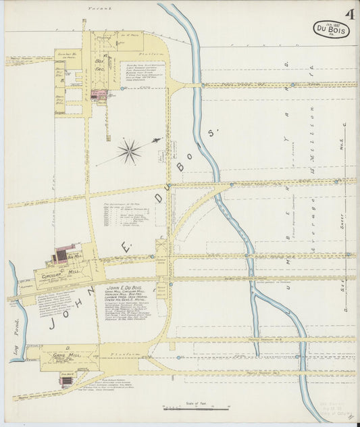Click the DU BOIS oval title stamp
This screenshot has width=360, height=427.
(332, 29)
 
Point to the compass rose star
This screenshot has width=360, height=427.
(128, 151)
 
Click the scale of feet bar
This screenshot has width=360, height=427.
(197, 409)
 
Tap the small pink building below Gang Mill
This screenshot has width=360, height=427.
(66, 382)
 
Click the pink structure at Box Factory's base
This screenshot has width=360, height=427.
(99, 95)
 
